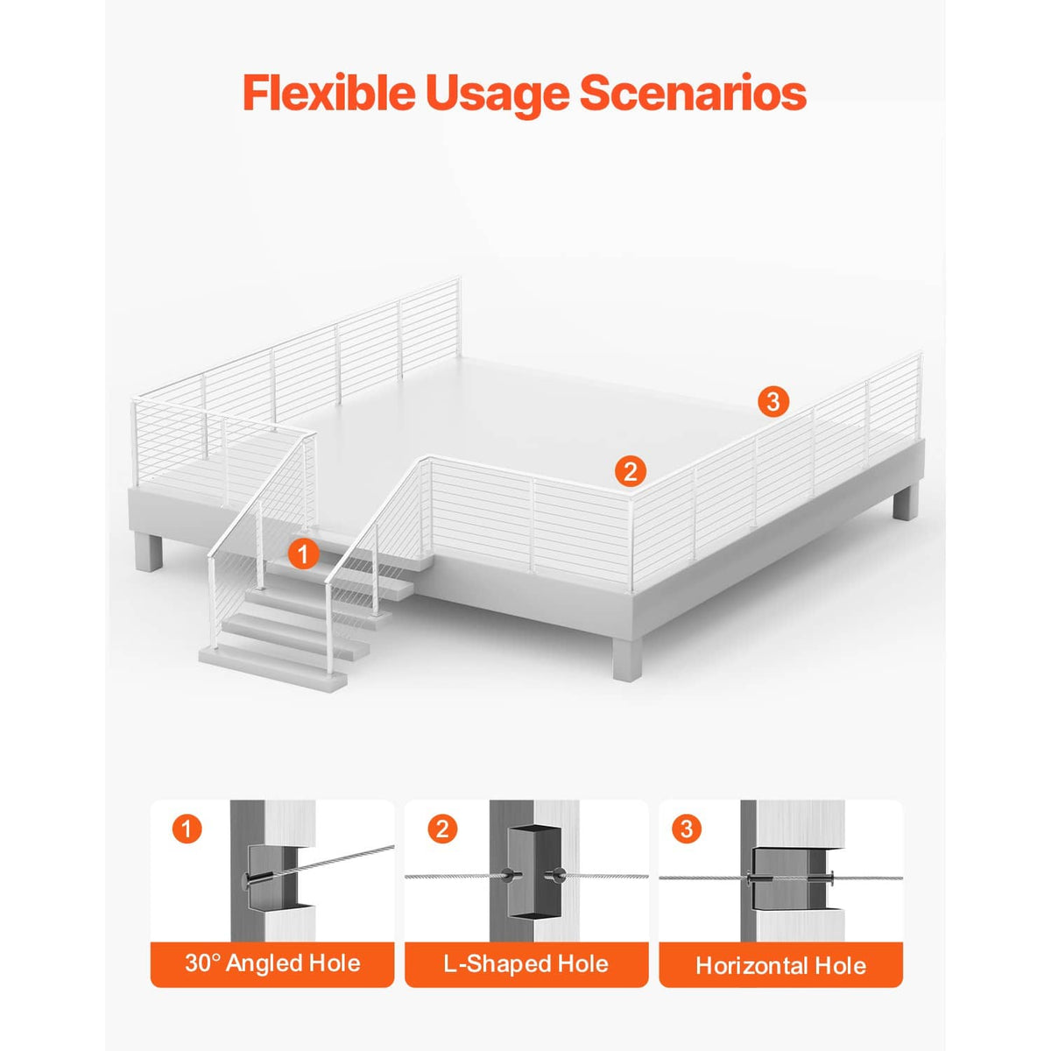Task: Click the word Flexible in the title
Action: click(329, 93)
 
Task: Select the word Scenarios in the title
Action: click(693, 94)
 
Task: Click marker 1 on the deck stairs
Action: click(303, 554)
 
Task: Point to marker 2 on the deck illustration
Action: click(630, 470)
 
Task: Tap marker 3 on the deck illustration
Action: click(773, 402)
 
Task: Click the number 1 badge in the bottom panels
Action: click(187, 829)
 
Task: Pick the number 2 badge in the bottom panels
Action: click(442, 829)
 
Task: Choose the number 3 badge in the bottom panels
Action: click(687, 829)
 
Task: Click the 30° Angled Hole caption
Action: click(272, 963)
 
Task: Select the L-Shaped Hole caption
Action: click(525, 964)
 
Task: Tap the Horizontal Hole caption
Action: click(780, 966)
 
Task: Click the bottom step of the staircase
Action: click(272, 667)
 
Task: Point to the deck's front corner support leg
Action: click(627, 659)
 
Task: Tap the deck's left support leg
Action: click(148, 552)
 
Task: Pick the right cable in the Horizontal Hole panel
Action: click(866, 878)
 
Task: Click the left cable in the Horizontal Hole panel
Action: click(703, 878)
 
